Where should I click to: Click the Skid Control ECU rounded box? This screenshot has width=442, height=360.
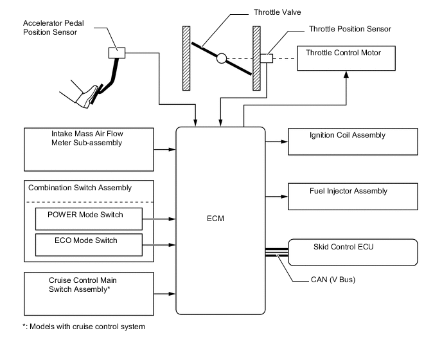pos(353,252)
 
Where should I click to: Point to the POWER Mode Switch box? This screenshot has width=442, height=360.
pos(88,219)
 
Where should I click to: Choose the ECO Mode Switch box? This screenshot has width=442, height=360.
pos(88,245)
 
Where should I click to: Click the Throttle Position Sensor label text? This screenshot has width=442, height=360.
pos(349,29)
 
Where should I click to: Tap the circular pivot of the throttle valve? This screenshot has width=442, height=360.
pos(221,59)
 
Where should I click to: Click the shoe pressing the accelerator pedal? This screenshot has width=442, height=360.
pos(86,97)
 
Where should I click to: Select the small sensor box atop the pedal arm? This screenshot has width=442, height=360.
pos(117,53)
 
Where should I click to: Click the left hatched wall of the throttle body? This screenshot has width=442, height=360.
pos(186,58)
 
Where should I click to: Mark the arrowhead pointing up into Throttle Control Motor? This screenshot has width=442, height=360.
pos(346,76)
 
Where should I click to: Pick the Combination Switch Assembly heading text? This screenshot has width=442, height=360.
pos(80,188)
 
